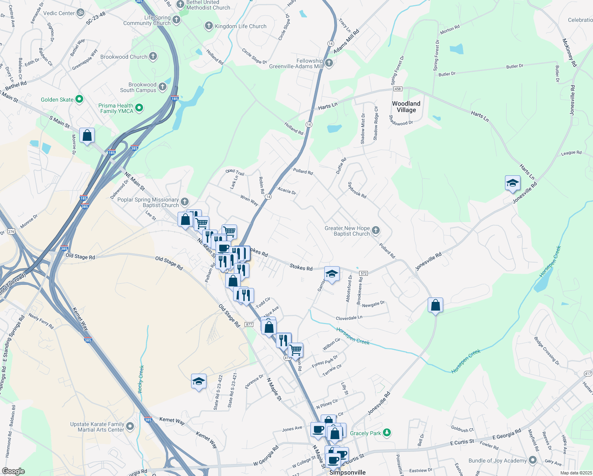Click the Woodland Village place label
point(406,107)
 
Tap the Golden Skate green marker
point(79,99)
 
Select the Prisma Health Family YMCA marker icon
point(139,107)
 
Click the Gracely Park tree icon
point(387,433)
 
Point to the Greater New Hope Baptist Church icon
point(376,230)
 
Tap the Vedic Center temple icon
point(80,13)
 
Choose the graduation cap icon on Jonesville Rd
point(513,183)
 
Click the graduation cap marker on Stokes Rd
point(332,274)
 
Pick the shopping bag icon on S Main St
point(87,136)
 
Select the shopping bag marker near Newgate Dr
point(435,305)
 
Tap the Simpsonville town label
point(348,472)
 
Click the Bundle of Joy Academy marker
point(533,460)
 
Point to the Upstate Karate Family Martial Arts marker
point(130,426)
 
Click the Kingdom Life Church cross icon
point(209,26)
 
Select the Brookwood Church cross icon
point(153,56)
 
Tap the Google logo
point(13,471)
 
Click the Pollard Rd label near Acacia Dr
point(303,171)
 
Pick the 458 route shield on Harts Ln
point(398,89)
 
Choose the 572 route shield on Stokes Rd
point(363,273)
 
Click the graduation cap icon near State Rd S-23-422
point(199,382)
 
